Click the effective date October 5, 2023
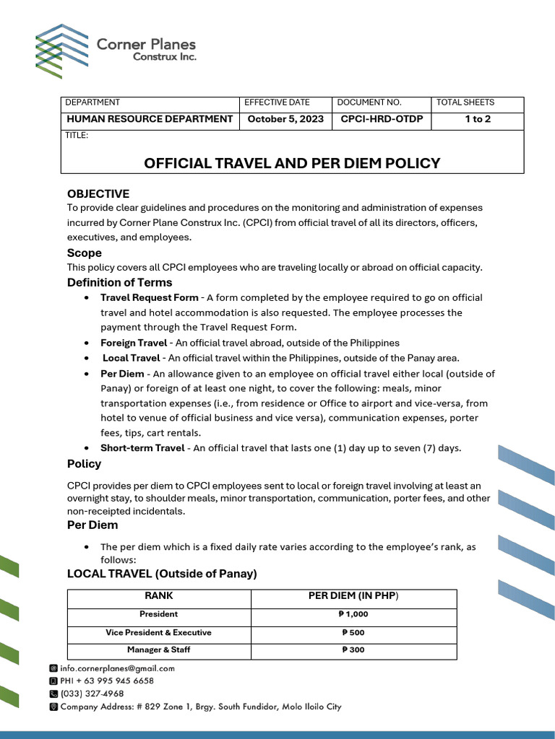285,119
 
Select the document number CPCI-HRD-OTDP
382,119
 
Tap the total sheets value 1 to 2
477,119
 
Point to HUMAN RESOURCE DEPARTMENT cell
150,119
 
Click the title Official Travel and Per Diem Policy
292,163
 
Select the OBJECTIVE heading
98,193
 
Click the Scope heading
85,253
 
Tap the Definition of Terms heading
120,282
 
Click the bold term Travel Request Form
149,297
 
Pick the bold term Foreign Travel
134,343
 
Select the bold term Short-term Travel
142,448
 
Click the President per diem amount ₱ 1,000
353,614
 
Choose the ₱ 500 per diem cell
353,632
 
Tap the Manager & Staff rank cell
159,650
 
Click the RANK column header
159,596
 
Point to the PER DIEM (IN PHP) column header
353,596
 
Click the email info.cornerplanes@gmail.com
117,668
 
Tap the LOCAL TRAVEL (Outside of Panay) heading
162,574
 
